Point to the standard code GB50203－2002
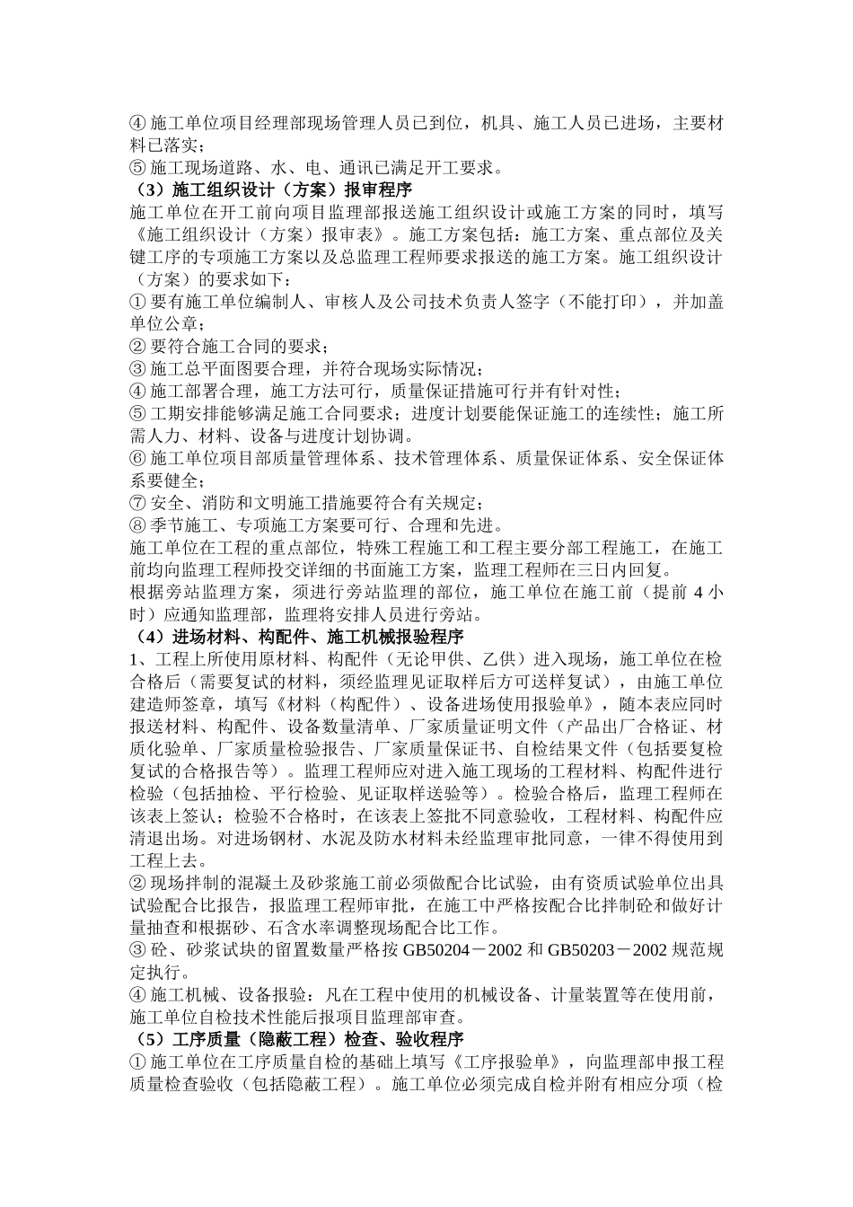pyautogui.click(x=607, y=950)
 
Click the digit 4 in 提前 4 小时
pyautogui.click(x=699, y=593)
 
